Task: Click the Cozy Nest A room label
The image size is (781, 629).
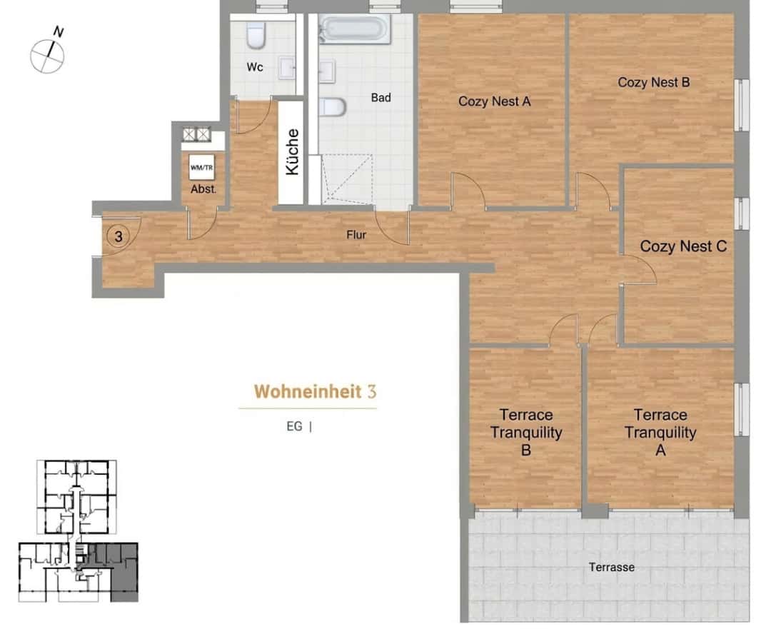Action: [x=494, y=101]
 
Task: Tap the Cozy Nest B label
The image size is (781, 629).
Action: [x=653, y=83]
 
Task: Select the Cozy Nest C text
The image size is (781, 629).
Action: [x=683, y=246]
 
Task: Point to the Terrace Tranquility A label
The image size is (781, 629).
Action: [x=660, y=432]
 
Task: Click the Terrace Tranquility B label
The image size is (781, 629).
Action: [x=526, y=432]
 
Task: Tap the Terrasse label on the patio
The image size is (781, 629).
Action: [x=612, y=568]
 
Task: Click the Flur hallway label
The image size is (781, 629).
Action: [x=356, y=235]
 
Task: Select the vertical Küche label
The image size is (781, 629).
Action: [x=293, y=152]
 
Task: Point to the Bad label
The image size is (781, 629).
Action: [x=381, y=98]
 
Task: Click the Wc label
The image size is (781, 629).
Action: [x=255, y=66]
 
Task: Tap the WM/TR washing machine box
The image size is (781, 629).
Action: [x=202, y=167]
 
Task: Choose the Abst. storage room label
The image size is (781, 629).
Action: [x=203, y=189]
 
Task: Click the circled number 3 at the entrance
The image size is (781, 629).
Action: [x=119, y=236]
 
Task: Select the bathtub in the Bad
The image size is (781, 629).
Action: [x=355, y=29]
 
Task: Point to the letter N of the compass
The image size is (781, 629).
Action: [x=59, y=32]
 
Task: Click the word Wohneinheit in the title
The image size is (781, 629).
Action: [x=308, y=391]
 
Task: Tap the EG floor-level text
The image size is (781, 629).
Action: [x=294, y=427]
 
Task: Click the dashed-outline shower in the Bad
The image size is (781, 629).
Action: [x=347, y=179]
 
